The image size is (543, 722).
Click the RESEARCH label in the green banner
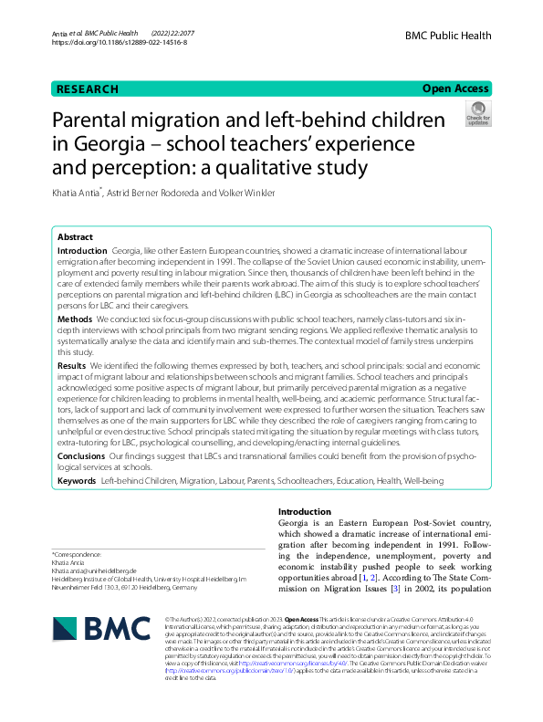88,89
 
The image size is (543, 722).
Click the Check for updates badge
477,114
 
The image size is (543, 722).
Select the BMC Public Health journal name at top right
452,32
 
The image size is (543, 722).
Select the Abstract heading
75,236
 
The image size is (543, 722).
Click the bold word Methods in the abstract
75,320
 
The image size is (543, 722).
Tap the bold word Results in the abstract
73,364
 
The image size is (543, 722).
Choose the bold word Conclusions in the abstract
81,455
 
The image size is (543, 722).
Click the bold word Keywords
77,480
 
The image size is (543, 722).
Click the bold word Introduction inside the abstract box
81,250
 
